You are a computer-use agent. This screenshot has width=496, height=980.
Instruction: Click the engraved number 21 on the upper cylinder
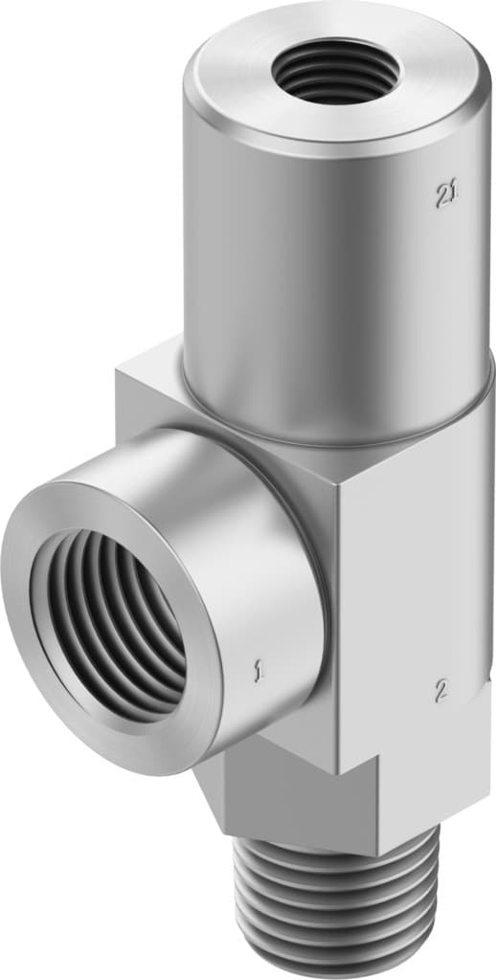[444, 195]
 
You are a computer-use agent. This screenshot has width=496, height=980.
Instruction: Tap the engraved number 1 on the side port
[258, 673]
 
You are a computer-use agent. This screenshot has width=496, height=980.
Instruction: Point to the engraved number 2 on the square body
[441, 689]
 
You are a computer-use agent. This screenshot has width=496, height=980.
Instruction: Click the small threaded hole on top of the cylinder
[327, 71]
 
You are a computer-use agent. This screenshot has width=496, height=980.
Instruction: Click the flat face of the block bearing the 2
[421, 593]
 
